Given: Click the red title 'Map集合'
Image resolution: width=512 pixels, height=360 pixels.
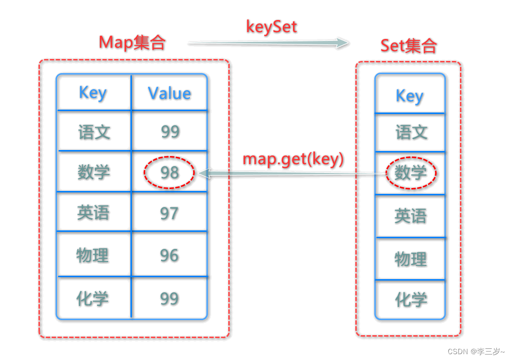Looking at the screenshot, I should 132,43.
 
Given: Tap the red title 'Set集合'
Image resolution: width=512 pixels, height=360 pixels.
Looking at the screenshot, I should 408,46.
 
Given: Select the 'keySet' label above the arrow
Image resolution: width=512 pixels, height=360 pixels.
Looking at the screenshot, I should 271,26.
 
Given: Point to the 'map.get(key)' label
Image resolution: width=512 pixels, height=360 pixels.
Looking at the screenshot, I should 293,159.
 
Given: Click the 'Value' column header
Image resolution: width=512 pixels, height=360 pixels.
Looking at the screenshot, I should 169,93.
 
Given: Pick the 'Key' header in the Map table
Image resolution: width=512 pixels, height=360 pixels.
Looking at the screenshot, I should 92,92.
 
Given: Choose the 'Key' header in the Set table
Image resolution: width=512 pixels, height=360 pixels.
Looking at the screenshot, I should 409,96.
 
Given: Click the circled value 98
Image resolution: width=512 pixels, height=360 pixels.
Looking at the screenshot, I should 169,172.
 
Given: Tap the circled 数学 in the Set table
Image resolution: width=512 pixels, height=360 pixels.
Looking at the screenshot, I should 410,172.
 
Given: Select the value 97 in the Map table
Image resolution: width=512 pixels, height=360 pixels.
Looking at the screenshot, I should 169,213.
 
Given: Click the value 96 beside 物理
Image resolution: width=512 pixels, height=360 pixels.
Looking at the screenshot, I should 169,255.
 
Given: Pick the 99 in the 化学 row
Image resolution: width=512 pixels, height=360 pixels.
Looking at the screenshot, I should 169,298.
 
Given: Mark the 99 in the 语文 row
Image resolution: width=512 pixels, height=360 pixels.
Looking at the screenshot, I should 170,132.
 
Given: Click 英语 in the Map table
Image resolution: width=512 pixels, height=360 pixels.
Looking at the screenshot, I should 93,213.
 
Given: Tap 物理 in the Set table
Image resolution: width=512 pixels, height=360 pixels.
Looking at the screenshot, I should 410,259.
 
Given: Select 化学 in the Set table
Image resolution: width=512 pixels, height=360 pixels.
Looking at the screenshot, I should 410,300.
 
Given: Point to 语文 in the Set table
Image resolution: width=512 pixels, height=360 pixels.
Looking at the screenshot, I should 411,132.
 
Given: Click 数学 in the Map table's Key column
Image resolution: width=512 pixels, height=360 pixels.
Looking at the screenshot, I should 93,172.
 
